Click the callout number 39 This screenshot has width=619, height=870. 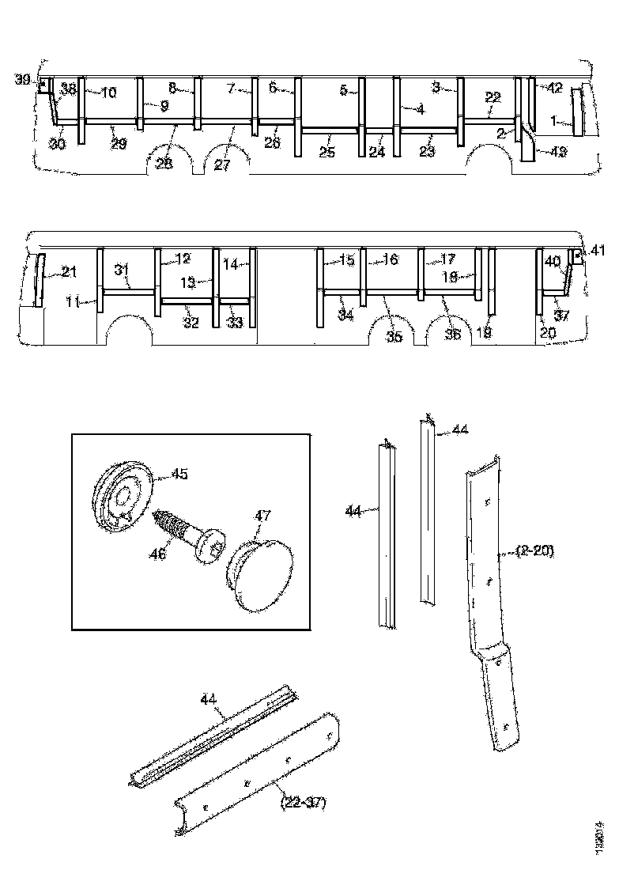(21, 80)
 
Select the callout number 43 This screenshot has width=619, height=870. (557, 152)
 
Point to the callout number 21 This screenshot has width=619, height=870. (70, 273)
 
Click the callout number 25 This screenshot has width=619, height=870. (327, 152)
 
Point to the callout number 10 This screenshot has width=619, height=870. (108, 93)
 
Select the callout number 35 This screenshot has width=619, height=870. (394, 336)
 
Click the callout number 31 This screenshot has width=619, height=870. (121, 269)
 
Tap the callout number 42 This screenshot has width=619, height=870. (554, 88)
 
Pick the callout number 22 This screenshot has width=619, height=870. (493, 97)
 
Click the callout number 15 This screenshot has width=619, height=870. (347, 260)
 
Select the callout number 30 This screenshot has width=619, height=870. (57, 144)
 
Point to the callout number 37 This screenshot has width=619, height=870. (560, 316)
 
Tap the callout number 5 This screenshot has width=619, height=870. (344, 91)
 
